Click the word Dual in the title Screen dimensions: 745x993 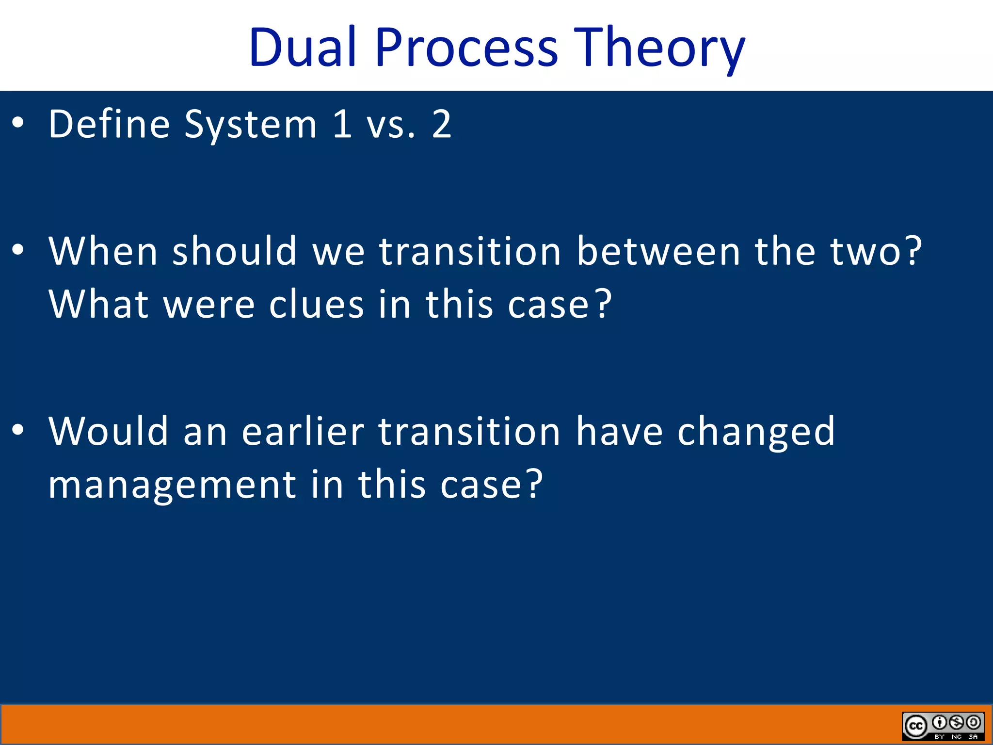pos(302,48)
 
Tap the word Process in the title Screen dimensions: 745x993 pos(466,48)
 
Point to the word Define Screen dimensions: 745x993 pos(109,124)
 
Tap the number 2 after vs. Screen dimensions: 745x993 pos(441,124)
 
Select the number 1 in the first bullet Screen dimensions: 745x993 pos(342,124)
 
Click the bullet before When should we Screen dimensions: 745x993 pos(18,250)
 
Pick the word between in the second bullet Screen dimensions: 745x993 pos(658,251)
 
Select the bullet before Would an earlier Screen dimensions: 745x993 pos(18,430)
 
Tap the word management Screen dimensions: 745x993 pos(172,485)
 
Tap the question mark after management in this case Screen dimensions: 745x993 pos(534,484)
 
